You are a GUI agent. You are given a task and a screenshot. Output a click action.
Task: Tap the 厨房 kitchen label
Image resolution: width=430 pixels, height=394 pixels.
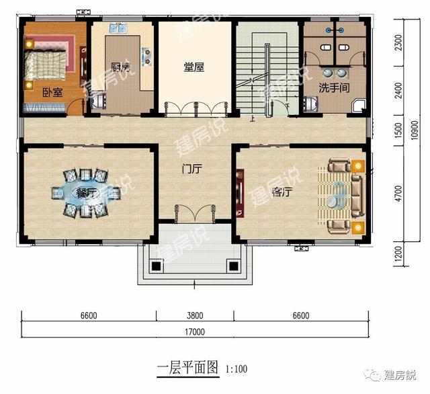click(x=120, y=67)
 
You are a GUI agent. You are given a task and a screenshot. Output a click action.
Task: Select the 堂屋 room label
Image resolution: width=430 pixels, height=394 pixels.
click(x=194, y=67)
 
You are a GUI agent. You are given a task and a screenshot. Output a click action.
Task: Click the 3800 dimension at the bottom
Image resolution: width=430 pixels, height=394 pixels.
click(x=195, y=314)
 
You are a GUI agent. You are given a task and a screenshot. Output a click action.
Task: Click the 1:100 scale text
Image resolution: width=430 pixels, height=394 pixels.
click(x=236, y=369)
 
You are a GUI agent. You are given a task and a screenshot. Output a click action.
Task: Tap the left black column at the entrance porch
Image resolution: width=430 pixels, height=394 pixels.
click(x=156, y=266)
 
